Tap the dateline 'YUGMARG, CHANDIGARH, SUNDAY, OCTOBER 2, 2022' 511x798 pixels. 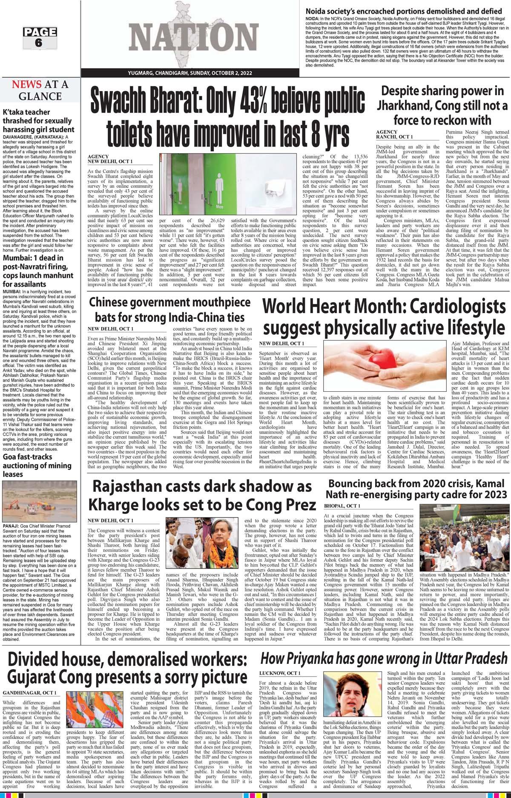pyautogui.click(x=190, y=73)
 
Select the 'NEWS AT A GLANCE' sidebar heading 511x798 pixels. pyautogui.click(x=40, y=90)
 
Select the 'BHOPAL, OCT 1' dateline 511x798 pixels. pyautogui.click(x=342, y=505)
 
